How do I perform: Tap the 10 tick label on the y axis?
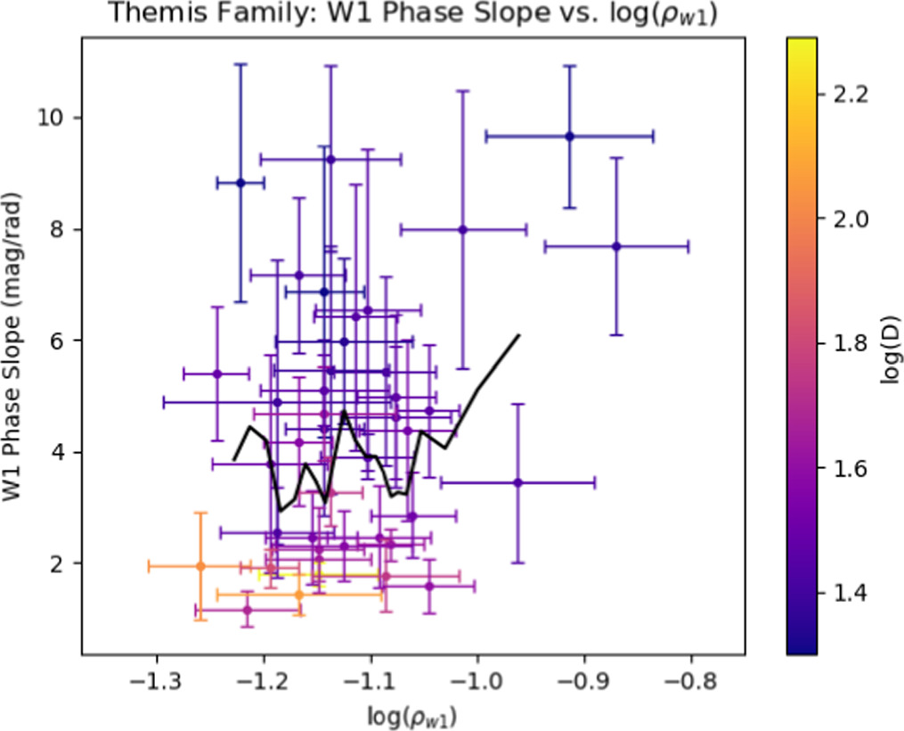[49, 118]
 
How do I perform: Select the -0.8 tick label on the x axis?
[691, 683]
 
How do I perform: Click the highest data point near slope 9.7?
[570, 136]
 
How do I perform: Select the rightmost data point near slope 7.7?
[615, 246]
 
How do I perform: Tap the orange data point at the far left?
[200, 566]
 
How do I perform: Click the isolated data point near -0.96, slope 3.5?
[518, 482]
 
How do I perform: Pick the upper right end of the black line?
[519, 335]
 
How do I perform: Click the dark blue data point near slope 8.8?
[240, 183]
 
